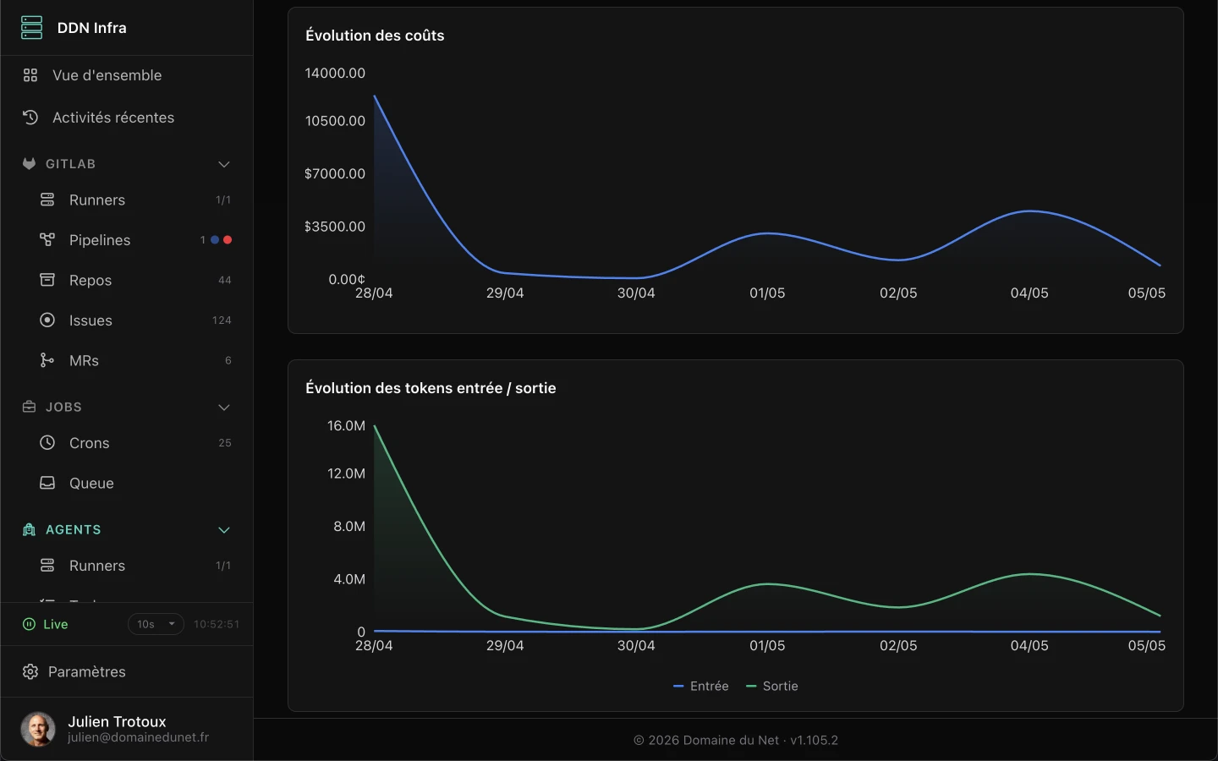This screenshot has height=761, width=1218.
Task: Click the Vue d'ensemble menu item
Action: (107, 75)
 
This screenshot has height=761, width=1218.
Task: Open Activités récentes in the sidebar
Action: (113, 118)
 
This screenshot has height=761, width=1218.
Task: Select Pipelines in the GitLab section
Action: (100, 240)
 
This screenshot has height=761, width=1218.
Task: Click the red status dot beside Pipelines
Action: (228, 240)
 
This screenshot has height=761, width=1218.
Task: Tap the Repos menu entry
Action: (91, 280)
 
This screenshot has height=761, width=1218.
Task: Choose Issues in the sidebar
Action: (91, 320)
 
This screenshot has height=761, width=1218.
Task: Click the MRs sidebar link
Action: (84, 360)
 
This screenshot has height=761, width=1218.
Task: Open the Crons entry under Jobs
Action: (89, 443)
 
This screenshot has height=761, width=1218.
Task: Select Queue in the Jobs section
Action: (91, 484)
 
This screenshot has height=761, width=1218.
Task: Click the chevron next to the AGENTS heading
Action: (223, 530)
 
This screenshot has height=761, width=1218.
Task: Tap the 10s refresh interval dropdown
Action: (156, 624)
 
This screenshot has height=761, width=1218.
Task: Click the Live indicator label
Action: (56, 624)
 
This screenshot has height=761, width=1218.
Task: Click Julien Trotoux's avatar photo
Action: (38, 729)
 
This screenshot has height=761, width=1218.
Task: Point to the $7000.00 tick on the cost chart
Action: (334, 173)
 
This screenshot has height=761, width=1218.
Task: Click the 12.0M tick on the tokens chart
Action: (346, 474)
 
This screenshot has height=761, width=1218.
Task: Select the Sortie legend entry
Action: (772, 686)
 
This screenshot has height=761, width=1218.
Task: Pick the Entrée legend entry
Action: (700, 686)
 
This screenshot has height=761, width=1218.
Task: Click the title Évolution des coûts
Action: (375, 36)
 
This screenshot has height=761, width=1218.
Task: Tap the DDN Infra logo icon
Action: (31, 28)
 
